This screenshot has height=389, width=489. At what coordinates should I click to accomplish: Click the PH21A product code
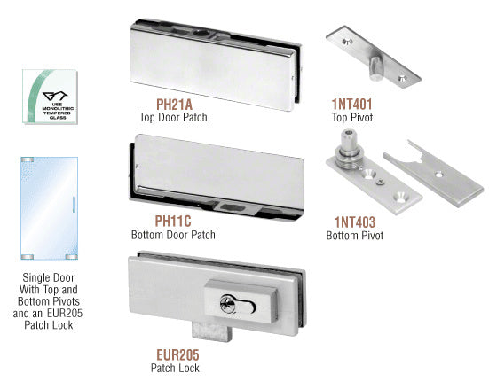pyautogui.click(x=174, y=105)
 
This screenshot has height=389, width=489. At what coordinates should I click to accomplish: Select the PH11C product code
pyautogui.click(x=173, y=222)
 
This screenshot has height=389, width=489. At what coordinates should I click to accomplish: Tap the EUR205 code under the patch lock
pyautogui.click(x=177, y=354)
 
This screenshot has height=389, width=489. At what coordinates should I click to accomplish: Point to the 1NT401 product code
pyautogui.click(x=351, y=105)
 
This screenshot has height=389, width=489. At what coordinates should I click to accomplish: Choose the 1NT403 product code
pyautogui.click(x=355, y=222)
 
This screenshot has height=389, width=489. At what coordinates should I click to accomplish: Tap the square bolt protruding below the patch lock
pyautogui.click(x=212, y=332)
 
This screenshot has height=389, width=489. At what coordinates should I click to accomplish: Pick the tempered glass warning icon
pyautogui.click(x=50, y=97)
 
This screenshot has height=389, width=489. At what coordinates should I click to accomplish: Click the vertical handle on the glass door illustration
pyautogui.click(x=74, y=205)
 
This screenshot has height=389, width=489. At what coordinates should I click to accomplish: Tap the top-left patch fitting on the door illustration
pyautogui.click(x=28, y=159)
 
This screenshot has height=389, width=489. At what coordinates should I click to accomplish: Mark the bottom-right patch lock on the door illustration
pyautogui.click(x=71, y=257)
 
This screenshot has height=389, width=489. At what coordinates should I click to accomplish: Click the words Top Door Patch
pyautogui.click(x=173, y=118)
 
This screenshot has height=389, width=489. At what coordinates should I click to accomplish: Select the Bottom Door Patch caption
pyautogui.click(x=173, y=235)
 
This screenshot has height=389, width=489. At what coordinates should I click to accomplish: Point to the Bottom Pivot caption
pyautogui.click(x=355, y=236)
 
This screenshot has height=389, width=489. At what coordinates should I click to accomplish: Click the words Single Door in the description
pyautogui.click(x=48, y=277)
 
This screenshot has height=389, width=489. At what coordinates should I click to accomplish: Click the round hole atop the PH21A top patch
pyautogui.click(x=199, y=33)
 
